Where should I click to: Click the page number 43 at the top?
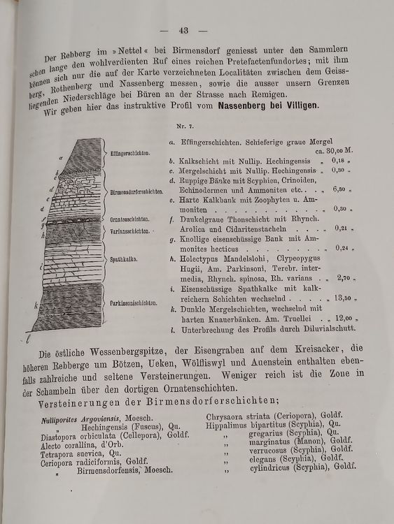pos(185,30)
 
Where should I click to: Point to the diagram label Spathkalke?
pos(122,259)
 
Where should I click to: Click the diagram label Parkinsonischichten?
pos(133,303)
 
